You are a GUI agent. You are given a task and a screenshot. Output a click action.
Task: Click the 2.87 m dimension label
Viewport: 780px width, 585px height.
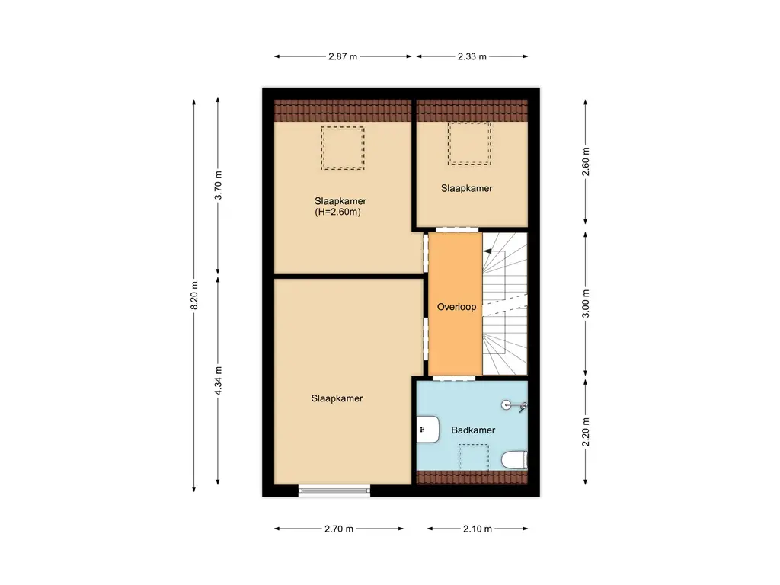point(343,56)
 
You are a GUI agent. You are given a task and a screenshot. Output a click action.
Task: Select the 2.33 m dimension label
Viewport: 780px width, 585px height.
point(472,56)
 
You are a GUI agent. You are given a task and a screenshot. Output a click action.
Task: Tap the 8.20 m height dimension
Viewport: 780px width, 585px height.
point(194,296)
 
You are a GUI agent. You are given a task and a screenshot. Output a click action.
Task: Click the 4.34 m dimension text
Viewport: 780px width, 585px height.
point(219,382)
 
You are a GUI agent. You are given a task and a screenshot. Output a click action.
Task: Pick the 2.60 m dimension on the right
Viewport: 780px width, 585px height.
point(586,162)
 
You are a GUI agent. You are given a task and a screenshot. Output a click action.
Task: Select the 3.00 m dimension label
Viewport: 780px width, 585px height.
point(586,302)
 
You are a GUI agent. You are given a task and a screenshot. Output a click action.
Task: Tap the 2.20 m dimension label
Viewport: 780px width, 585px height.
point(586,432)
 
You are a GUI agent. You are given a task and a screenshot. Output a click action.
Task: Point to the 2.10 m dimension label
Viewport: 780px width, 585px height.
point(477,529)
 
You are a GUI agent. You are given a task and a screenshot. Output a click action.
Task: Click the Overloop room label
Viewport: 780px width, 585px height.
point(456,307)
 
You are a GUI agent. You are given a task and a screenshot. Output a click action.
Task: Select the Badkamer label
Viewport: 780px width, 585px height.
point(473,430)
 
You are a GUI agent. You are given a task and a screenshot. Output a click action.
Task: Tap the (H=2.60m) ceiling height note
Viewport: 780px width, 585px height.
point(337,213)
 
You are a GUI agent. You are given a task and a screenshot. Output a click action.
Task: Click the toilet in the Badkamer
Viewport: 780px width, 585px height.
point(515,460)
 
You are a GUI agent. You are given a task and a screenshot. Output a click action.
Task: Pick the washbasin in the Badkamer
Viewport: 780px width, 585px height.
point(427,430)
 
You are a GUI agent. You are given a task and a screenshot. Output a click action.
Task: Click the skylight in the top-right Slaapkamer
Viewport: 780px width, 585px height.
point(469,143)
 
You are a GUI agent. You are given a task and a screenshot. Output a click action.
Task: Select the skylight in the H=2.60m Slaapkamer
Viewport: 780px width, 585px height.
point(342,148)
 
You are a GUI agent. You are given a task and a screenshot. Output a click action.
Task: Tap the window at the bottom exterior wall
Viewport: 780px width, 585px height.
point(334,491)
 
